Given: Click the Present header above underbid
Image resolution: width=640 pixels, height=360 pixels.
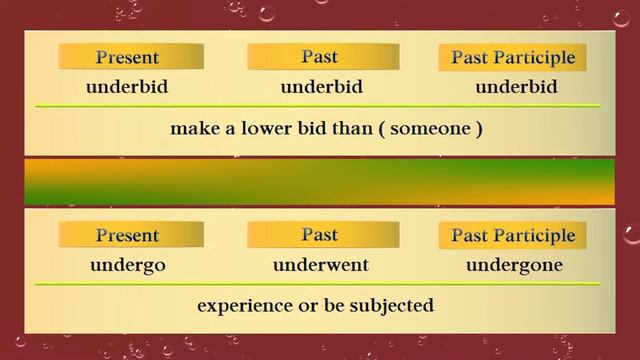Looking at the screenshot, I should (127, 57).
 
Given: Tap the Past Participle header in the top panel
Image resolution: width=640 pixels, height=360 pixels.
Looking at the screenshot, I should (513, 57).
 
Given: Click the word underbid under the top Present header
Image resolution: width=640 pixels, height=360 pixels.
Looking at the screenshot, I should (127, 86).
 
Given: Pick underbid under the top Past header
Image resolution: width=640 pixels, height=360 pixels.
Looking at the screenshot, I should (321, 86).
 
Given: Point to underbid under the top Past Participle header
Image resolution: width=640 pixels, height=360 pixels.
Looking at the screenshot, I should (516, 86).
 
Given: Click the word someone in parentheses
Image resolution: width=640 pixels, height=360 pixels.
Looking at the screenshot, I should (437, 128).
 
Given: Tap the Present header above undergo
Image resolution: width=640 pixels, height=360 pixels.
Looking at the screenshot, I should (127, 236).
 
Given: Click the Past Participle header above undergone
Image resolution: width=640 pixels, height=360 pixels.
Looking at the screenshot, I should (513, 236).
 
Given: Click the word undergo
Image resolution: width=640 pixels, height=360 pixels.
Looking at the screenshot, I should (127, 265).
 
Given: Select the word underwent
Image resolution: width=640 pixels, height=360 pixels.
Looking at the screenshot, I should (321, 265).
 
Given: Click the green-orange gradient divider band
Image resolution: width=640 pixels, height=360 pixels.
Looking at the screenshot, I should (320, 181).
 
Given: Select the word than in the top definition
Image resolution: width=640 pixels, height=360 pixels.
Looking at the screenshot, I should (358, 128).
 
